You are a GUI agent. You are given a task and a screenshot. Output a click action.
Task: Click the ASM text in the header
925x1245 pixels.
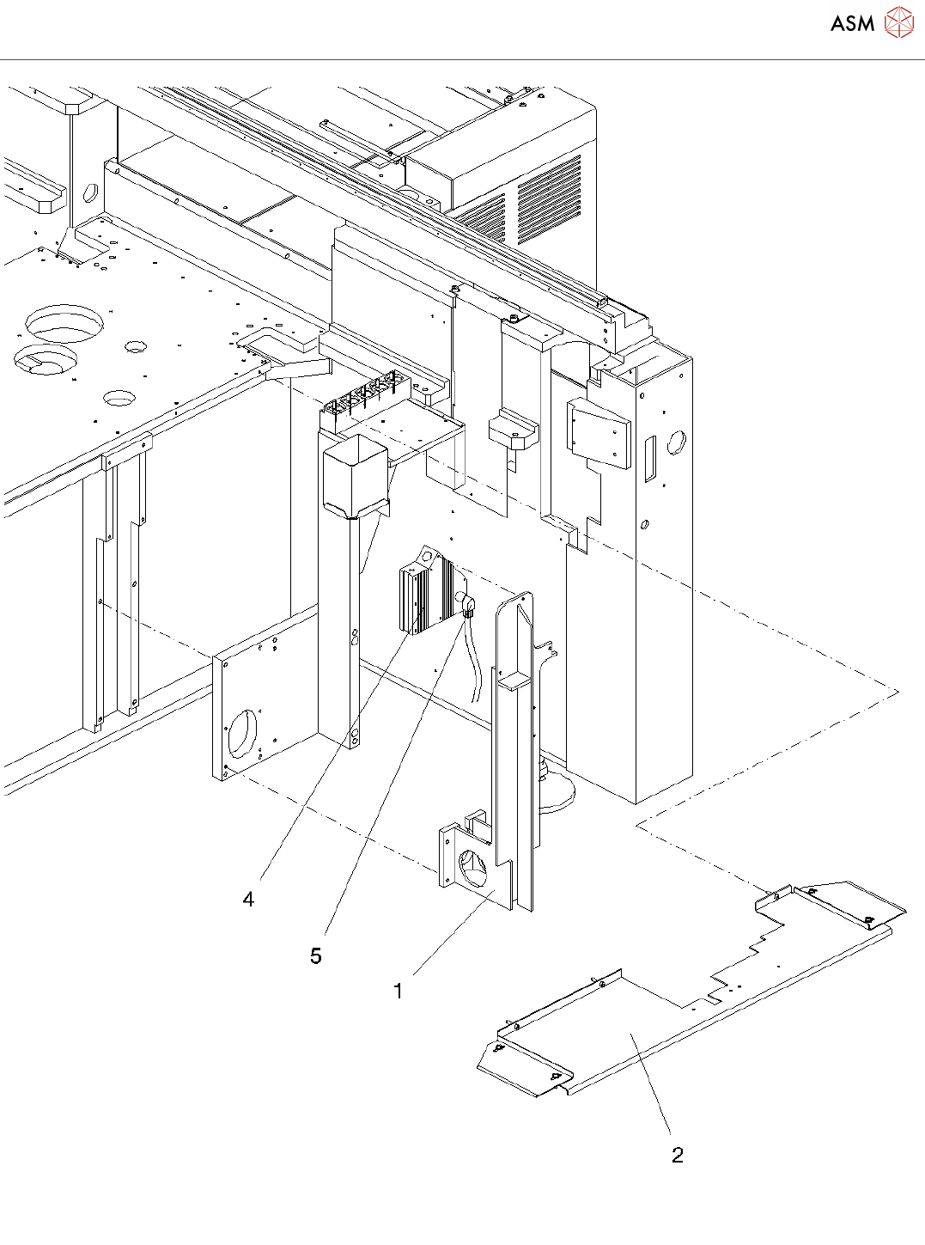852,23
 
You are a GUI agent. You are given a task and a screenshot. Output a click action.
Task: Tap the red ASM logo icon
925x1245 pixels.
899,22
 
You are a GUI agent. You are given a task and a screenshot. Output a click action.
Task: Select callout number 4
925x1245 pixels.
248,899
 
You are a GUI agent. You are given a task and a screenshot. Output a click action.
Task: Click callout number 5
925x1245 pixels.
316,955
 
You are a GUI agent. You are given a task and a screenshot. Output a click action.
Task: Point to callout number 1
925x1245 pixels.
398,991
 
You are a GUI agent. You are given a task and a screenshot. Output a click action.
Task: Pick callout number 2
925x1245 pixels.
678,1155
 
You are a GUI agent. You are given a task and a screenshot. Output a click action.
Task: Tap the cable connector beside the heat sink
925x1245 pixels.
468,605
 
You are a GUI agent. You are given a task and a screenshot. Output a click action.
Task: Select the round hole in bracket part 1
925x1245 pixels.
473,867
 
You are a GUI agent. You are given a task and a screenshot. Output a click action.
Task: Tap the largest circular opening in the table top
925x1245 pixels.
64,322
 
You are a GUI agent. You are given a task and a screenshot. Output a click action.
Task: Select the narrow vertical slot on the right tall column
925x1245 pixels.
650,458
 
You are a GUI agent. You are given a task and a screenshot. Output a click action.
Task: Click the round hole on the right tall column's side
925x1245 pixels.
677,443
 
